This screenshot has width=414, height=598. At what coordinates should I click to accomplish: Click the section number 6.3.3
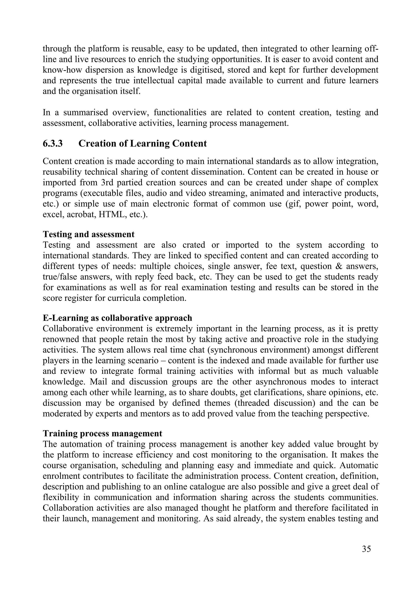[x=53, y=143]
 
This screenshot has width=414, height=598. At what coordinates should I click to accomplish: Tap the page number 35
[x=366, y=549]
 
